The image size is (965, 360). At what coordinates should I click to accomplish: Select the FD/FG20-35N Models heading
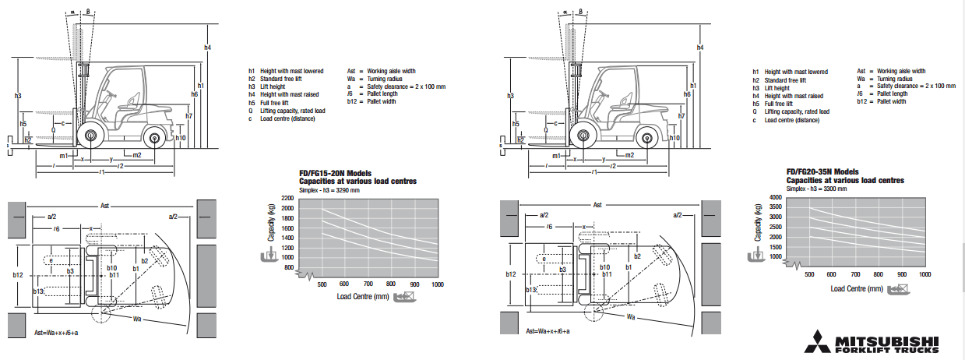tap(822, 171)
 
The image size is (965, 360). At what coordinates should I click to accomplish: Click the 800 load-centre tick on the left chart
tap(391, 284)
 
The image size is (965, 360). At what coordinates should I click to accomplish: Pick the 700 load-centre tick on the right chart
tap(855, 275)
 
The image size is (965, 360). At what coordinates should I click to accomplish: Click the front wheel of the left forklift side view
tap(90, 138)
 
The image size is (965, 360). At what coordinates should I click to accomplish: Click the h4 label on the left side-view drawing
tap(208, 48)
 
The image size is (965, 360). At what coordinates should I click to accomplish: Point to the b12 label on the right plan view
tap(510, 275)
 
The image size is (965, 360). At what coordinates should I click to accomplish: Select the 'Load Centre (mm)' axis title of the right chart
tap(856, 289)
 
